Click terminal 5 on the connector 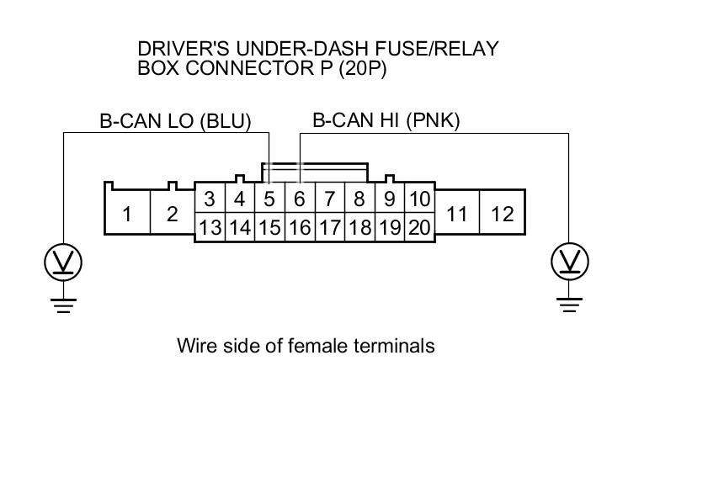pos(269,199)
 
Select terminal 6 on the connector pos(300,199)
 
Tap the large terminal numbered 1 pos(127,214)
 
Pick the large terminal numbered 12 pos(502,214)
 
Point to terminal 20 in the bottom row pos(419,227)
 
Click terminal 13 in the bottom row pos(210,227)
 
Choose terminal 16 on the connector pos(300,227)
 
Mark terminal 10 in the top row pos(419,199)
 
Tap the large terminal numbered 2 pos(172,214)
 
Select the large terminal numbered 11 pos(456,214)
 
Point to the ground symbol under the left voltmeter pos(63,305)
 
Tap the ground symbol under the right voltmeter pos(569,305)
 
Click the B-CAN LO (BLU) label pos(175,121)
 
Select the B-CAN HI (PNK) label pos(386,121)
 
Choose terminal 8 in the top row pos(359,199)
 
